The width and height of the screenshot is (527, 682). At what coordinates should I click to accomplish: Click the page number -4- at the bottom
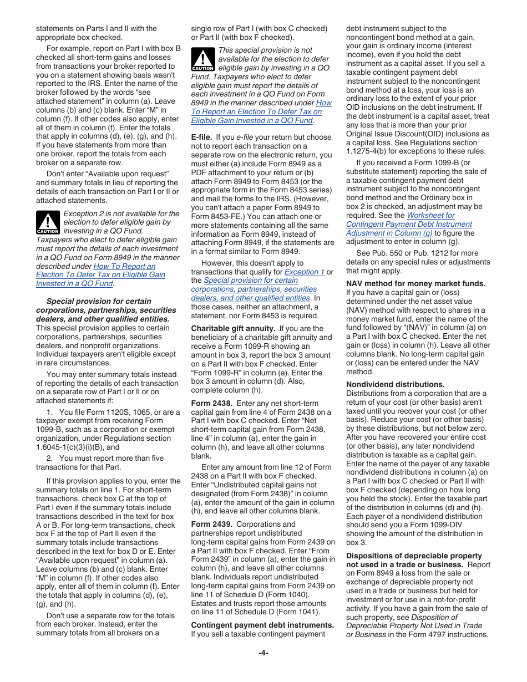tap(263, 653)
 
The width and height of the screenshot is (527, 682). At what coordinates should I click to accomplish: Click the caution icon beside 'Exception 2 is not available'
tap(48, 222)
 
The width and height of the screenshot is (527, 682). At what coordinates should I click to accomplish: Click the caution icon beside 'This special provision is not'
tap(202, 59)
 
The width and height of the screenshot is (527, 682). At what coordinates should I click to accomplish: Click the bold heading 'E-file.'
tap(202, 137)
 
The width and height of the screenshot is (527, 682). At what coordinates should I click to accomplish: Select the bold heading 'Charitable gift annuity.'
tap(233, 328)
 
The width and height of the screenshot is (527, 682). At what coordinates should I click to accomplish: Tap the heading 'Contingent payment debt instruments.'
tap(262, 625)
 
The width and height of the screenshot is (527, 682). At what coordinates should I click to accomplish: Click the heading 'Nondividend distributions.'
tap(387, 384)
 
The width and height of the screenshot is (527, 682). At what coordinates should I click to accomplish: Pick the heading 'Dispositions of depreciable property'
tap(414, 556)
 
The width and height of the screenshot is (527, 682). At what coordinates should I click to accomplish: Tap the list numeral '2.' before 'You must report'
tap(49, 458)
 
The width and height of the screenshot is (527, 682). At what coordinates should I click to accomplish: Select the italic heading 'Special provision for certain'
tap(99, 302)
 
